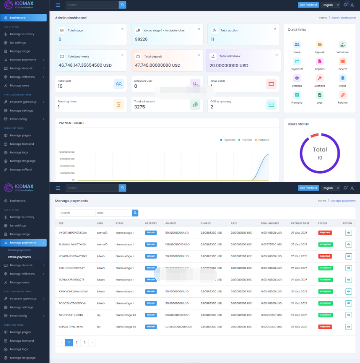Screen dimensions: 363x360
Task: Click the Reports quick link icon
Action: (x=320, y=61)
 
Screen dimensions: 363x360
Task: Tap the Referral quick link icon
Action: (x=343, y=95)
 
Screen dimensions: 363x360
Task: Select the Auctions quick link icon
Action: (x=320, y=78)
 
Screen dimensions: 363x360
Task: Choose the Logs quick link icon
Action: (x=320, y=95)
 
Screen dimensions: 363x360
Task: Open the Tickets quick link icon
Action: (x=343, y=61)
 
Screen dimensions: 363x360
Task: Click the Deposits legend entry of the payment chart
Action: (x=245, y=140)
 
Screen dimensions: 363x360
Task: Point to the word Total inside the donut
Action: (x=320, y=150)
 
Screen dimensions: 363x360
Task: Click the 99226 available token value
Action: (x=141, y=39)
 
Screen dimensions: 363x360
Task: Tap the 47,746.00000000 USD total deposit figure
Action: (x=158, y=65)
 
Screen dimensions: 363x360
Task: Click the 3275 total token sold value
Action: (x=139, y=107)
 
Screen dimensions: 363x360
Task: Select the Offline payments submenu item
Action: (x=20, y=257)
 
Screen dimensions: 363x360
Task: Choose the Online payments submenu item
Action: (x=20, y=250)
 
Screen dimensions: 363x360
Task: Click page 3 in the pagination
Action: (x=84, y=343)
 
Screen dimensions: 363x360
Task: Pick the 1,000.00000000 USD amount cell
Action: (x=177, y=327)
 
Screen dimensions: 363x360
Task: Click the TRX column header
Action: (x=61, y=223)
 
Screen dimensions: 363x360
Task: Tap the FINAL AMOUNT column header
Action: (x=270, y=223)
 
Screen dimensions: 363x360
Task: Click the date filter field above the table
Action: (x=113, y=213)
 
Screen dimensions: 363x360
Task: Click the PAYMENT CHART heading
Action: (x=71, y=123)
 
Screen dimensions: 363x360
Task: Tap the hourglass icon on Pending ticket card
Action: (x=119, y=104)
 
